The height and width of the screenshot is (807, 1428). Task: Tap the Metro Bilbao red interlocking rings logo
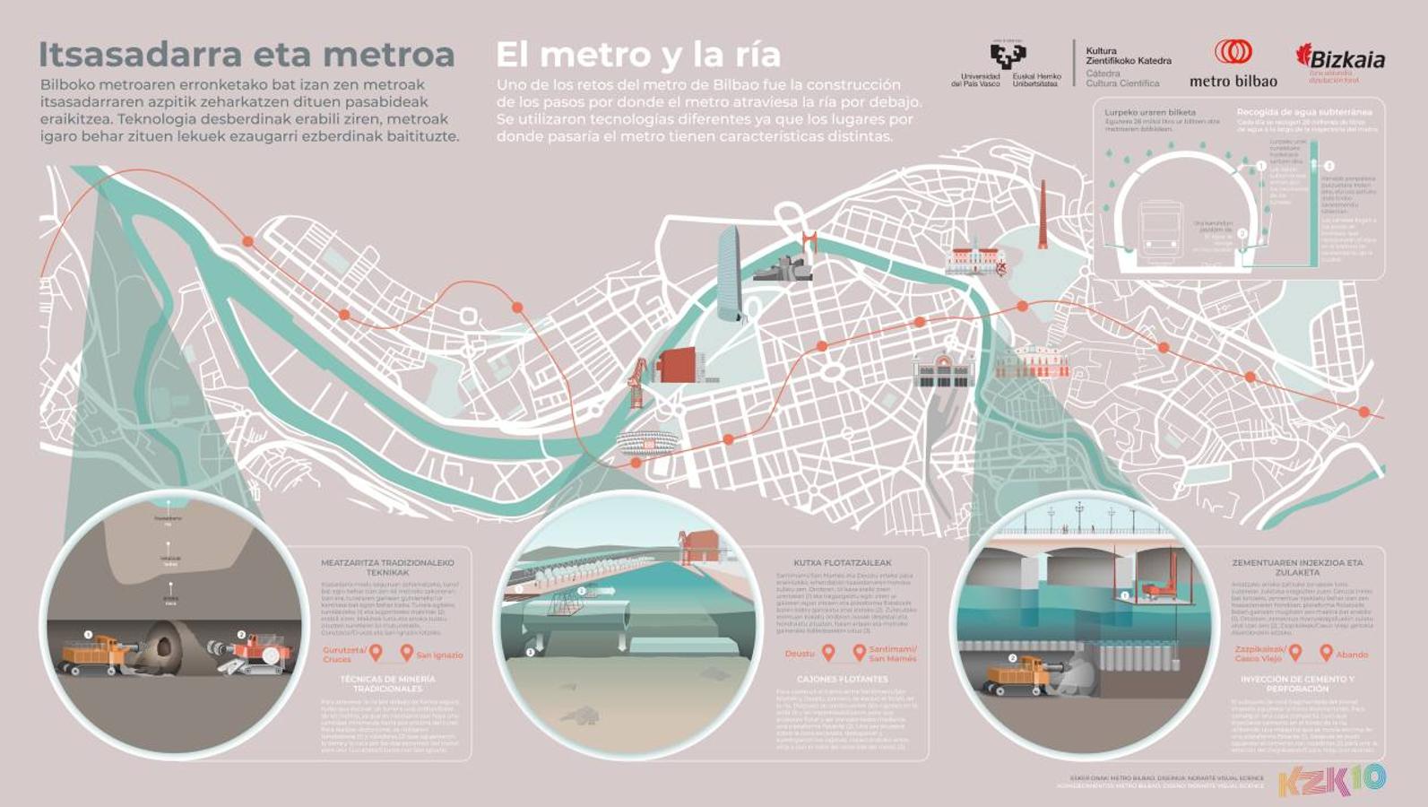(x=1233, y=52)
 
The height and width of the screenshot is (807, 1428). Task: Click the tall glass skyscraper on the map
(x=731, y=273)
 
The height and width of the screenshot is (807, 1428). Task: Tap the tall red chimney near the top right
(x=1043, y=215)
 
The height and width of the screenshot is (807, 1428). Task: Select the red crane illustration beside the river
(x=637, y=381)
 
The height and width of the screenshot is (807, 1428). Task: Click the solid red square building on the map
(x=678, y=366)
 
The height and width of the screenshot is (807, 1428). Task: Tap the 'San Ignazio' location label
(x=439, y=655)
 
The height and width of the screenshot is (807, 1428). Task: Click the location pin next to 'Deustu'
(x=828, y=653)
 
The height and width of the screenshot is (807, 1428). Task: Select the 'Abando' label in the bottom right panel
(x=1352, y=655)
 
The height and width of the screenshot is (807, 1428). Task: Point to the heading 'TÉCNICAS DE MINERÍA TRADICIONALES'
(x=387, y=684)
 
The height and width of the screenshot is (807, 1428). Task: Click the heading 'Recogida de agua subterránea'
(x=1304, y=112)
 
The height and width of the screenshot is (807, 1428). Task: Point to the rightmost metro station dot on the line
(x=1363, y=412)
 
